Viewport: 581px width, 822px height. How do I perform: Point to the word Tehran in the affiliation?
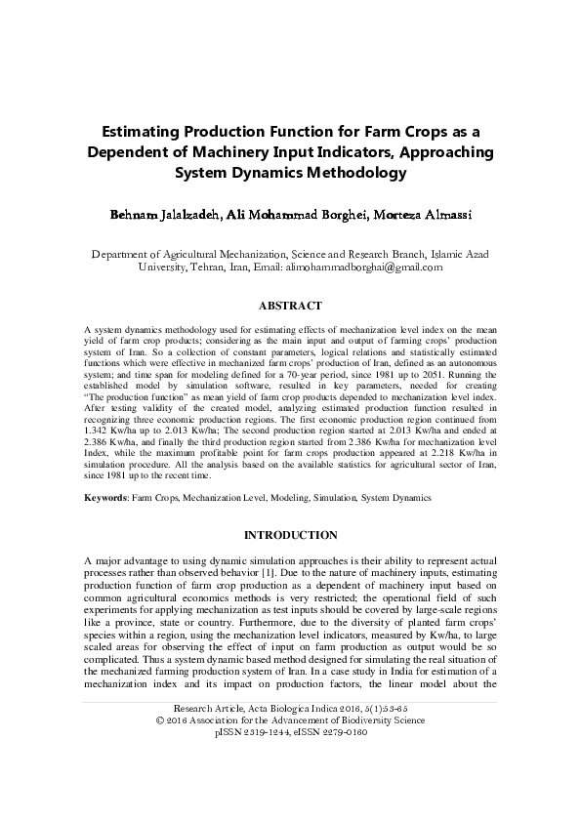click(216, 266)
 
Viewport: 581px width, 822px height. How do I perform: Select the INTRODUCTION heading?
click(291, 535)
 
